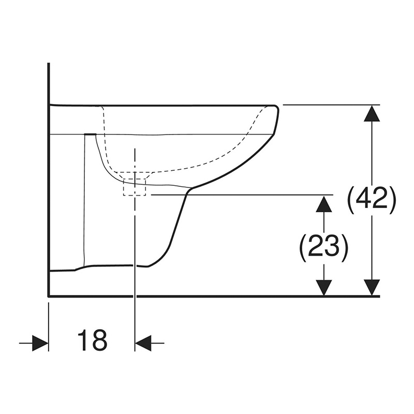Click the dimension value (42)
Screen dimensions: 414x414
[372, 200]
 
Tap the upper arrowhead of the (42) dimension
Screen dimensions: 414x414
[372, 113]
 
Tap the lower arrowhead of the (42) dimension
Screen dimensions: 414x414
[372, 287]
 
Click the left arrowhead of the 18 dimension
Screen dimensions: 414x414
[40, 343]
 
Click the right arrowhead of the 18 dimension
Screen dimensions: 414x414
[143, 343]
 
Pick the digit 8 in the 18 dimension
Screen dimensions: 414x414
[99, 341]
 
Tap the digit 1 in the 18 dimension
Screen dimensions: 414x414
[83, 341]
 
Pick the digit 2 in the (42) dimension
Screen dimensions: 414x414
[380, 200]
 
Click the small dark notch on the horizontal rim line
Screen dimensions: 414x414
[90, 134]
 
